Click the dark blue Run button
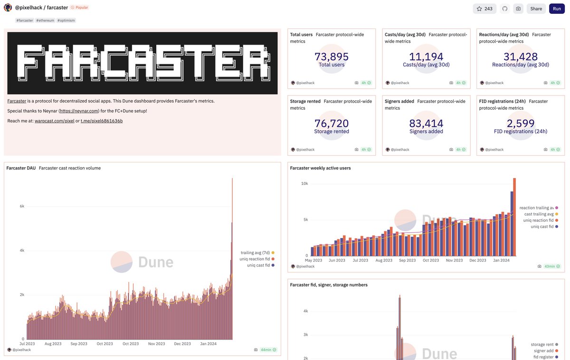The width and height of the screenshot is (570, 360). pos(557,9)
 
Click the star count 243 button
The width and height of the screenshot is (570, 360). pos(484,9)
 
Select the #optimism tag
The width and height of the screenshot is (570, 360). pos(66,20)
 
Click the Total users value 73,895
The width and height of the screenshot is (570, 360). pos(332,57)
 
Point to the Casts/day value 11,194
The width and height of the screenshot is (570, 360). pos(426,57)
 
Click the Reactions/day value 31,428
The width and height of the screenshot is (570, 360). pos(521,57)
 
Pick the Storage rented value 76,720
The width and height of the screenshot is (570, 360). pos(332,123)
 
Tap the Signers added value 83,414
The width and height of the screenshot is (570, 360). pos(426,123)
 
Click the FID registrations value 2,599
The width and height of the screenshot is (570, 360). pos(521,123)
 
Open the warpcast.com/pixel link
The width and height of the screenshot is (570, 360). pos(54,121)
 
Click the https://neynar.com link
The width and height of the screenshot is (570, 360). pos(79,111)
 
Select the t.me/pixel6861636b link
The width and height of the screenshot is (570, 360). pos(102,121)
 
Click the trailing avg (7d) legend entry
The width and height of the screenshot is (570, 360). pos(256,253)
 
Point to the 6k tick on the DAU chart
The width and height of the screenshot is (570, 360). pos(21,206)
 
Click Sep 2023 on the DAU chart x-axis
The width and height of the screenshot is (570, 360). pos(79,344)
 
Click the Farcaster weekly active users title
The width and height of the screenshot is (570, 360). pos(320,168)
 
